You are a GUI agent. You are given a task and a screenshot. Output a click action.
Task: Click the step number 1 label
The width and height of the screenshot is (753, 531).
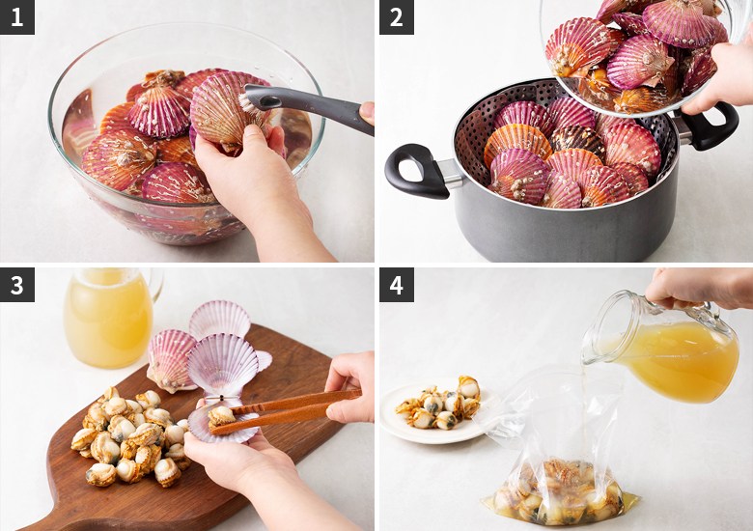(x=17, y=17)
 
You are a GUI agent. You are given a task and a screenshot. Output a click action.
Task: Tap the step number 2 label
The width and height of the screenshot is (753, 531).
(x=397, y=17)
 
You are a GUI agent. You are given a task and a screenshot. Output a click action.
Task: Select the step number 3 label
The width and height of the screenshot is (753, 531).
(x=17, y=285)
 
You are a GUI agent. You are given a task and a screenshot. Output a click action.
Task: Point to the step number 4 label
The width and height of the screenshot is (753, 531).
(x=397, y=285)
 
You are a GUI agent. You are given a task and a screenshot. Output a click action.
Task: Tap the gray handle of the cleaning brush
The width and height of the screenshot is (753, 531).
(x=312, y=106)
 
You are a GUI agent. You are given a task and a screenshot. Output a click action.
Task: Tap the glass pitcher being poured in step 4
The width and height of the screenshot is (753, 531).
(x=662, y=346)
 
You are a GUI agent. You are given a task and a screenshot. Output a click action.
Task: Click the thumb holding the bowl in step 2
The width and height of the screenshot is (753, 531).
(x=699, y=102)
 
